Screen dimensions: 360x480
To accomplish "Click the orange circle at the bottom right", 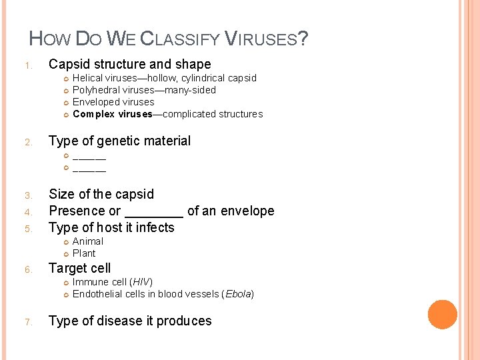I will point(442,315).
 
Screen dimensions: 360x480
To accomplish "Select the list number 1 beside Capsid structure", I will point(27,65).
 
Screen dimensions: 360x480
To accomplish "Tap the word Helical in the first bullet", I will point(87,78).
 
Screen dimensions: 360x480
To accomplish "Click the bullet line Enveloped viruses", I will point(113,102).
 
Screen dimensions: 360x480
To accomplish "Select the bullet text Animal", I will point(88,241).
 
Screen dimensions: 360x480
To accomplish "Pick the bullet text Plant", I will point(84,253).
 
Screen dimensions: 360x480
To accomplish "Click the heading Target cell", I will point(80,268).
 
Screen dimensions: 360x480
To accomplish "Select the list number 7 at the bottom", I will point(27,322).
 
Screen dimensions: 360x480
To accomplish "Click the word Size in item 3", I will point(61,194).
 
